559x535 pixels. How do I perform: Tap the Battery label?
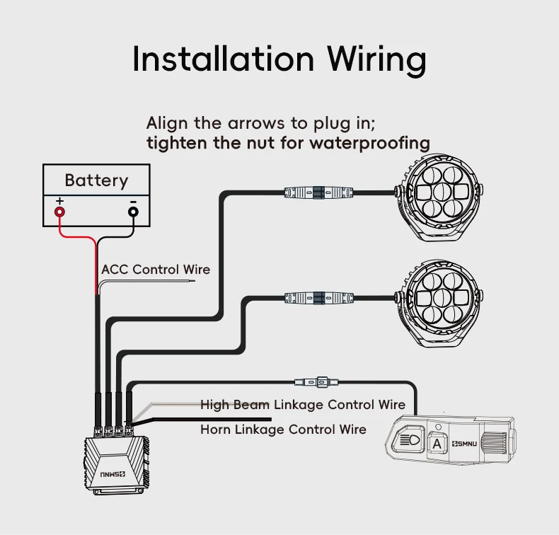(96, 180)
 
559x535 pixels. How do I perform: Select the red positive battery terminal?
(60, 211)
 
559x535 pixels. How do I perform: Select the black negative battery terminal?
(133, 211)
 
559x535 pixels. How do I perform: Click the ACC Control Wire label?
(156, 270)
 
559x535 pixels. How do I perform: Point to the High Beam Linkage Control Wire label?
(303, 405)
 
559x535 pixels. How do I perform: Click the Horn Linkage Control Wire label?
(283, 430)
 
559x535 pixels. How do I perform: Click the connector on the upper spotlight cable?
(318, 191)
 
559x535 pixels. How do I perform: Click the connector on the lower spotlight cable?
(318, 297)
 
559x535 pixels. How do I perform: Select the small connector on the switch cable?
(322, 381)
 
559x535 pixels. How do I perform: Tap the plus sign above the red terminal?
(59, 201)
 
